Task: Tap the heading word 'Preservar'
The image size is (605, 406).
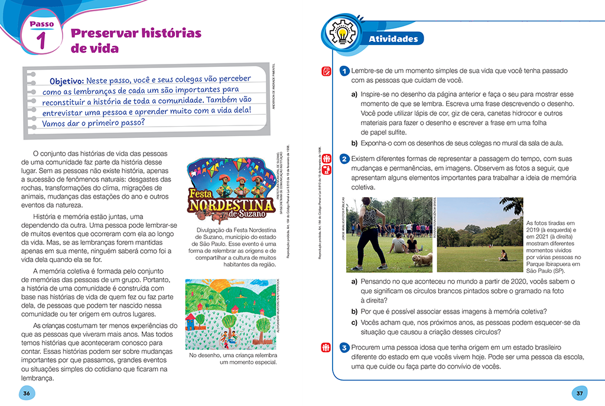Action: (103, 33)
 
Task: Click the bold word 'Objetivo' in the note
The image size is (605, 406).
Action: (66, 81)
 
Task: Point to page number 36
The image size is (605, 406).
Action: (25, 393)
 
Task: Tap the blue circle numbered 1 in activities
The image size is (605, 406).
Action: (344, 72)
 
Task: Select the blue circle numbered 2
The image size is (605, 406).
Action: (344, 159)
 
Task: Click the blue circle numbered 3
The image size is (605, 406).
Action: (344, 347)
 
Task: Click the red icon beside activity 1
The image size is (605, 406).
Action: (326, 72)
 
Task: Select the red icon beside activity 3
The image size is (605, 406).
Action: (326, 347)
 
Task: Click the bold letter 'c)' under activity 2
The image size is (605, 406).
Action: (354, 322)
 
